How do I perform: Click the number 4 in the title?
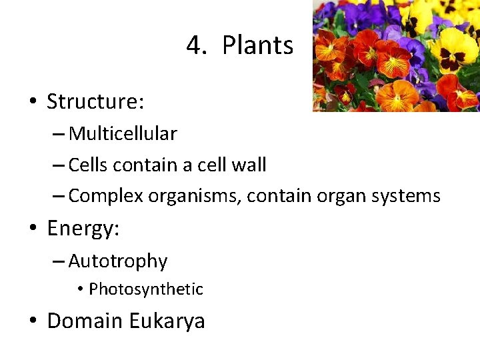(x=194, y=46)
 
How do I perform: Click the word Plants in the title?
(x=257, y=46)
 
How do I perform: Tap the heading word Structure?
(x=95, y=102)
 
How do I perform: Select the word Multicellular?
(x=123, y=134)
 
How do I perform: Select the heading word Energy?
(x=83, y=229)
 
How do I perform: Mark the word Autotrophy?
(x=117, y=261)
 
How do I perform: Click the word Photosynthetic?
(x=146, y=289)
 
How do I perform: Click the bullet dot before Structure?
(x=32, y=103)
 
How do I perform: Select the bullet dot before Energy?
(x=32, y=229)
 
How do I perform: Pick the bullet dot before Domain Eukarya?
(x=32, y=321)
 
